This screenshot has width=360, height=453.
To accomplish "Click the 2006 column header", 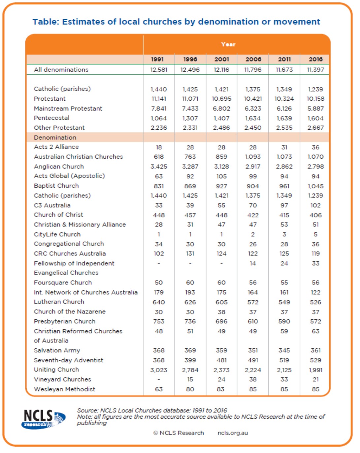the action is [x=253, y=59].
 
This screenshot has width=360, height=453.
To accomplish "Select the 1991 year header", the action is [x=157, y=59].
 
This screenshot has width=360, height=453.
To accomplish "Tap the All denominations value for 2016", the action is [x=315, y=70].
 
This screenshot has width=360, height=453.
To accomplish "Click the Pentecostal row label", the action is [x=51, y=118].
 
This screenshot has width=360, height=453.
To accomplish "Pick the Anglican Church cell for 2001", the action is [x=221, y=167].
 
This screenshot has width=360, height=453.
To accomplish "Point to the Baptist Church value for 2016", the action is [x=315, y=186].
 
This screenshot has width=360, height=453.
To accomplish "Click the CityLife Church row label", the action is [x=57, y=234].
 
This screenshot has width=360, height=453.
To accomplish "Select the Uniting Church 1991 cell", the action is [x=158, y=370].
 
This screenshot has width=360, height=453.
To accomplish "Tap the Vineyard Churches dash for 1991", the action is [x=159, y=379].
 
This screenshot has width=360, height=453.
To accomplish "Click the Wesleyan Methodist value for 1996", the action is [x=190, y=389].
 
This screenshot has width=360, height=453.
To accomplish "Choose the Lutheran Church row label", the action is [x=59, y=302].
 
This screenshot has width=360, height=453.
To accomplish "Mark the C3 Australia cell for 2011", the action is [x=284, y=206].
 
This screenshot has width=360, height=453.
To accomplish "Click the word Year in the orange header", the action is [x=228, y=45].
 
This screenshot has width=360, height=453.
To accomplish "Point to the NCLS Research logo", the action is [x=43, y=419].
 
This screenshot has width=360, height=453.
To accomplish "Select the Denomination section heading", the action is [x=55, y=138].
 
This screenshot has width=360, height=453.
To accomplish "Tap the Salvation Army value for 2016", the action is [x=315, y=350].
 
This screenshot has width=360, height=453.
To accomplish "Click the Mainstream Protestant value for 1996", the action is [x=190, y=109].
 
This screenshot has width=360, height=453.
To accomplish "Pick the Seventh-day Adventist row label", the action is [x=68, y=360].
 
